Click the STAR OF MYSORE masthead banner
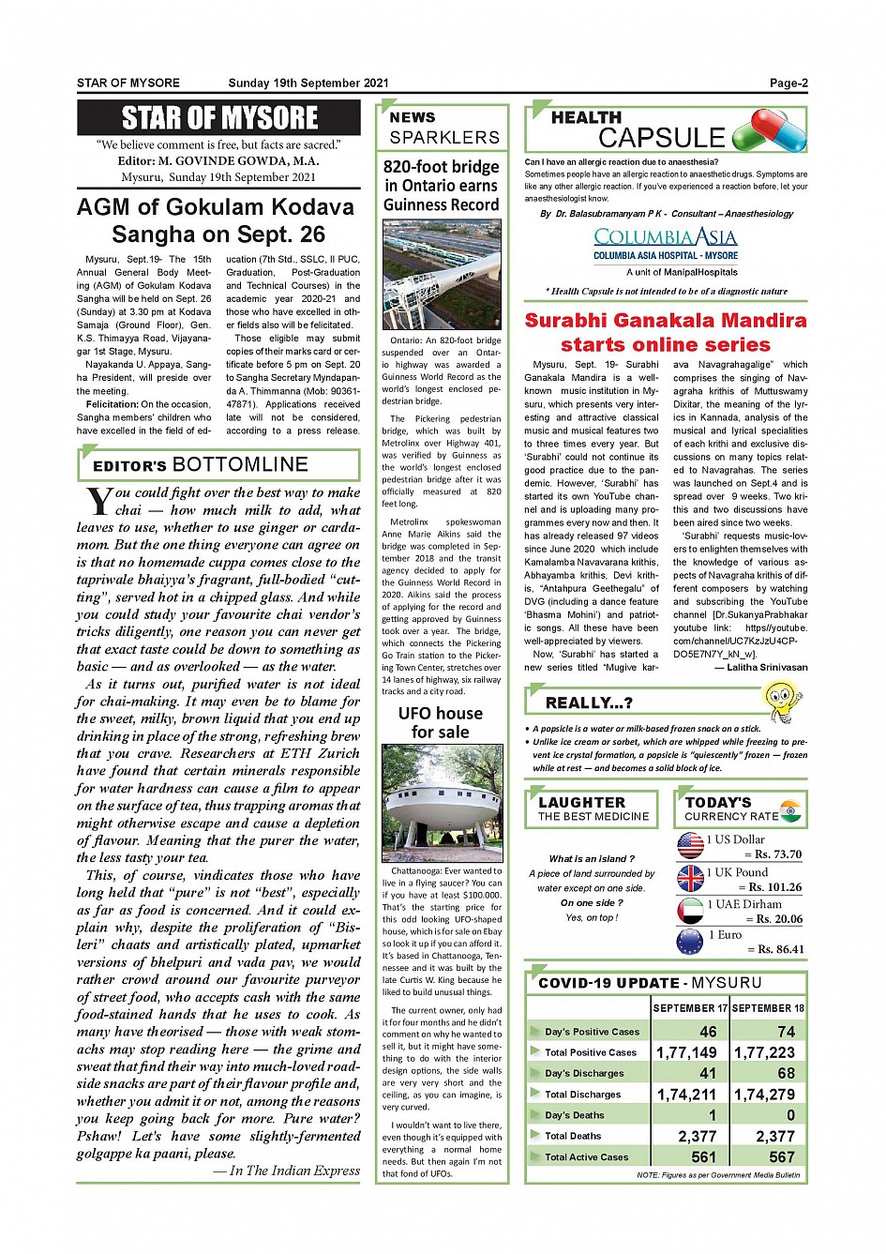click(x=219, y=118)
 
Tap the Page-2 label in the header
click(x=788, y=83)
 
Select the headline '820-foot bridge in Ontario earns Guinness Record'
click(x=441, y=186)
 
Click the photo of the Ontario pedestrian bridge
click(x=441, y=275)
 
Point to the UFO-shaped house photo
click(x=441, y=803)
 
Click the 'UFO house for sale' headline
click(x=441, y=722)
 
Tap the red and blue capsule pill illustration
click(x=769, y=130)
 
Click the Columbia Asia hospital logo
click(x=665, y=243)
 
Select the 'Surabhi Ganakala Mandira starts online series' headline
click(x=665, y=332)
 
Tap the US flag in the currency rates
click(x=690, y=845)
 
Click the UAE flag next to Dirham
click(x=690, y=911)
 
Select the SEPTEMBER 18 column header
click(x=768, y=1008)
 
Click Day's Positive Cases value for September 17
click(x=708, y=1031)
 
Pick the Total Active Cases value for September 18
click(x=781, y=1157)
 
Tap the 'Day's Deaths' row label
click(x=575, y=1115)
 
